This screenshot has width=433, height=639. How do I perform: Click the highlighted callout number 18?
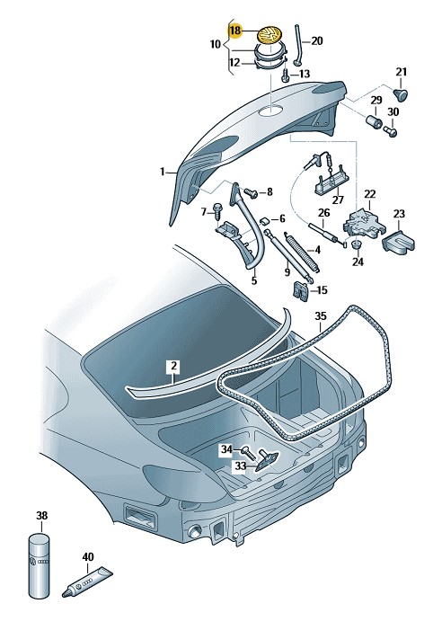point(235,31)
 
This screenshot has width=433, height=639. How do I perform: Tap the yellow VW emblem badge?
point(270,34)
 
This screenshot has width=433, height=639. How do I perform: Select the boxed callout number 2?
point(173,366)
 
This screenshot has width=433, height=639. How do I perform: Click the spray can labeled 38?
point(40,565)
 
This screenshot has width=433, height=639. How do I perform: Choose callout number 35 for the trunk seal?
point(321,315)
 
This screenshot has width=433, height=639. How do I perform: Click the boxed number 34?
point(226,449)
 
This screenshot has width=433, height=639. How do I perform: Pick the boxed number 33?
point(241,466)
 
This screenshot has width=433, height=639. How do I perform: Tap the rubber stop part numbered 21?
point(402,93)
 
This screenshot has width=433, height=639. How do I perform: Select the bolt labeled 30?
point(390,131)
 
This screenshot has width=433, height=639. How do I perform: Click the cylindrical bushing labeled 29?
point(373,121)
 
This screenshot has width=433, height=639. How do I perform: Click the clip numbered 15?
point(300,291)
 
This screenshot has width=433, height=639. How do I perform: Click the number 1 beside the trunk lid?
point(162,172)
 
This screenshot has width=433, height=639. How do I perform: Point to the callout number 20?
point(316,40)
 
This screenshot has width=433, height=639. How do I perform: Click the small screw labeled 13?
point(286,75)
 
